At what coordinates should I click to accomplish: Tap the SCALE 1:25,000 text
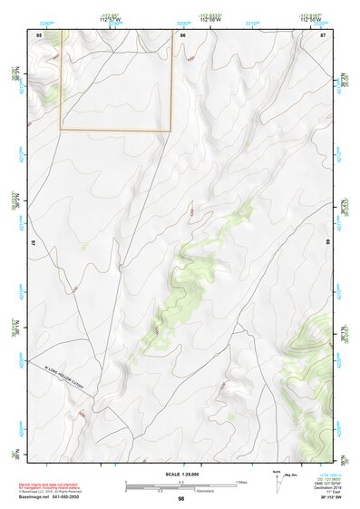coord(180,474)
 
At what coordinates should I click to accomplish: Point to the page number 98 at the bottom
coord(180,499)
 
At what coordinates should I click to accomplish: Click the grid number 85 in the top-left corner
coord(39,34)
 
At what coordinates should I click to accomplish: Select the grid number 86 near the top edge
coord(182,34)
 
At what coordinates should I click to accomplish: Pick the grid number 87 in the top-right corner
coord(323,34)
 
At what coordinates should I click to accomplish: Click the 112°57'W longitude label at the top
coord(111,19)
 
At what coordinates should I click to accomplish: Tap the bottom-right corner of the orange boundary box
coord(171,131)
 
